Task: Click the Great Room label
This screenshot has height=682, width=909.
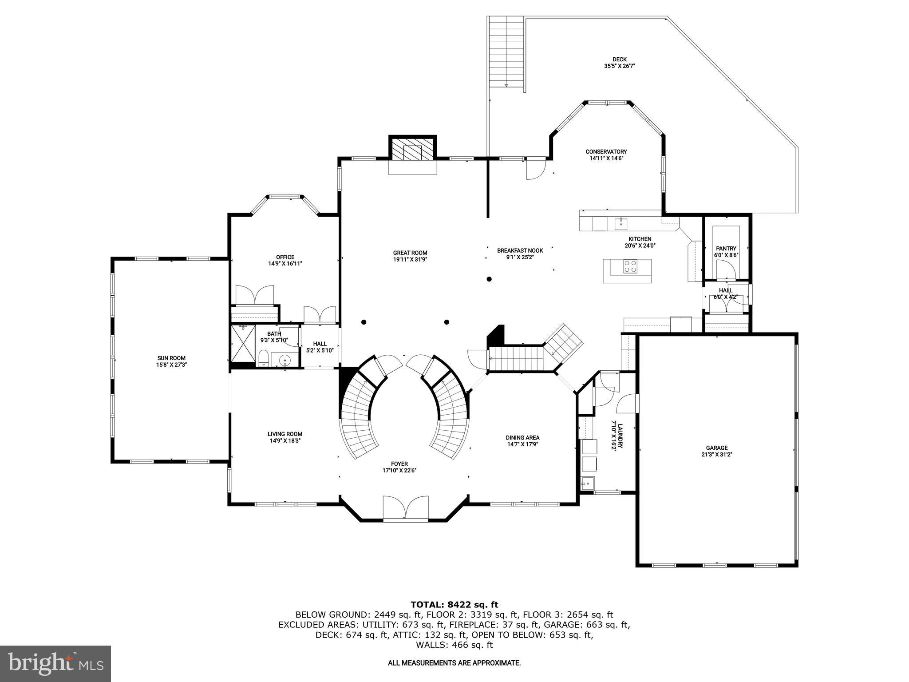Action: pos(410,253)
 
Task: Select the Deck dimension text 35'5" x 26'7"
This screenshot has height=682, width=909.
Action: pos(620,66)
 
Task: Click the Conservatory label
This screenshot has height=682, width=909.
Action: pos(606,152)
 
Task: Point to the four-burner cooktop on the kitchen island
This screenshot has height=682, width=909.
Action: pos(630,266)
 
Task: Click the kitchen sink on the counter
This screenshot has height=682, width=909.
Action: pos(620,223)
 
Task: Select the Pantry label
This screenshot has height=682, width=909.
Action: pos(726,249)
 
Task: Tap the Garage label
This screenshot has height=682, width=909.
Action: pos(717,448)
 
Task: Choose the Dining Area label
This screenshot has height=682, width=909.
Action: pos(522,437)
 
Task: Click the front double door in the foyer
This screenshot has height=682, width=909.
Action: pos(406,508)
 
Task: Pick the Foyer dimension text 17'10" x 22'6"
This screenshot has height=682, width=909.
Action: pos(399,470)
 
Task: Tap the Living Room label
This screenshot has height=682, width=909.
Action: pos(285,434)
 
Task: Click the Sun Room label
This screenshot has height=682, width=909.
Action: pos(171,358)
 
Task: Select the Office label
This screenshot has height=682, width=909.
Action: pos(285,257)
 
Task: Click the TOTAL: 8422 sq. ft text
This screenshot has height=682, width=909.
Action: pos(454,604)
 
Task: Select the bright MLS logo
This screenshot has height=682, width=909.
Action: pos(55,664)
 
